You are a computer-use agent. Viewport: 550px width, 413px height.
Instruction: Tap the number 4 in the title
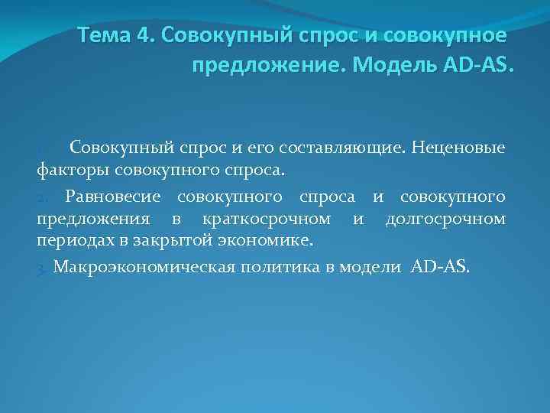click(144, 36)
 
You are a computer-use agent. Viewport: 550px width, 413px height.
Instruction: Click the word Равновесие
click(113, 197)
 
